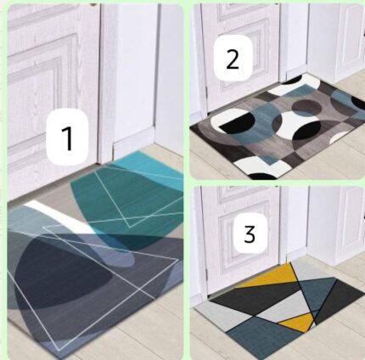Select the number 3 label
[249, 233]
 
